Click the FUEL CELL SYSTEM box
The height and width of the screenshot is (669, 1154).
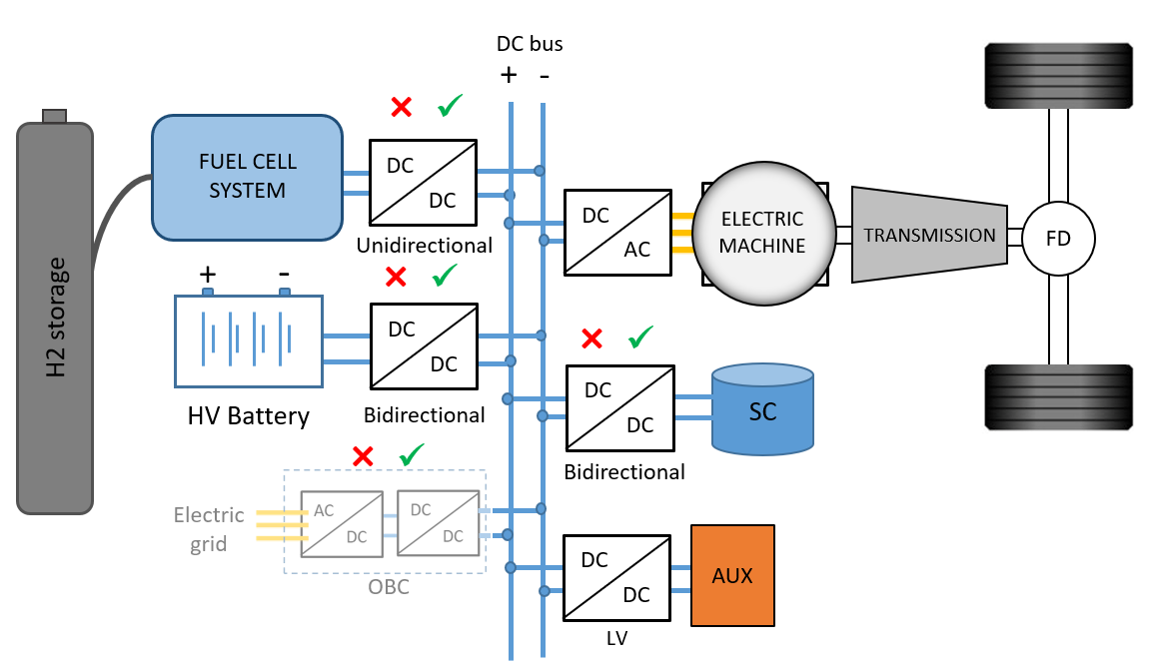(247, 178)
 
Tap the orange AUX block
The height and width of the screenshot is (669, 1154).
(732, 576)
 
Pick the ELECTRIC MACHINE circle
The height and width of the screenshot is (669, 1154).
(762, 233)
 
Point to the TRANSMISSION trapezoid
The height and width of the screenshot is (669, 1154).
(928, 236)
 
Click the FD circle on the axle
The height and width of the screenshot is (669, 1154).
(1059, 238)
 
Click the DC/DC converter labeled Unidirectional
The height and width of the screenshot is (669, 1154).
(424, 182)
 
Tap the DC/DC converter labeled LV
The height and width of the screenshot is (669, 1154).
(617, 577)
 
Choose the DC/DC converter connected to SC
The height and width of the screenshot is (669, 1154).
(620, 407)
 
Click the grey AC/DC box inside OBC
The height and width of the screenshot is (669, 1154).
(342, 523)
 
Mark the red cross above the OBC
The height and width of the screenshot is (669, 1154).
(364, 457)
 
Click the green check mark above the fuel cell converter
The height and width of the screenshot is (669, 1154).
(451, 105)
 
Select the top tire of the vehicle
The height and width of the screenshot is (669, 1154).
(1059, 75)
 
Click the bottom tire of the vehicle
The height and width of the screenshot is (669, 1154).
(1059, 397)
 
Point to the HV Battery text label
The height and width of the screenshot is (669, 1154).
(249, 415)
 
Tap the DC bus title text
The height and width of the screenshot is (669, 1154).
(530, 44)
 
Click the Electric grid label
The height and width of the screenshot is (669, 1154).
(209, 529)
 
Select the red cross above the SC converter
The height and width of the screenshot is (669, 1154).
(592, 339)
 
